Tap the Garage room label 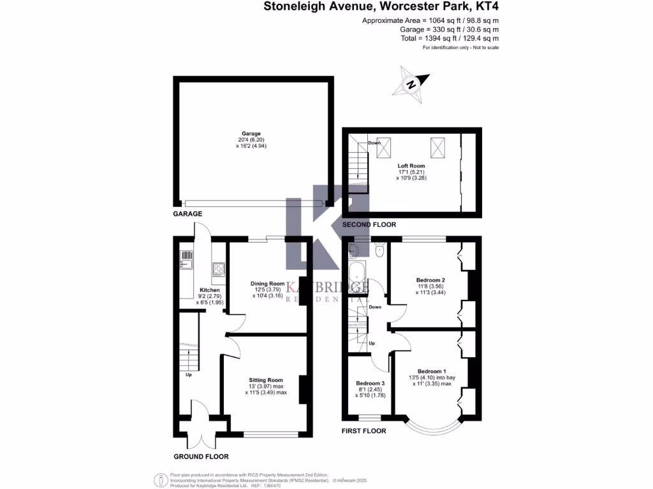pos(251,134)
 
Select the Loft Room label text pos(411,166)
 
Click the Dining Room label pos(267,283)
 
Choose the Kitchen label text pos(210,290)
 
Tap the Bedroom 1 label pos(432,371)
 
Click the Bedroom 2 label pos(430,280)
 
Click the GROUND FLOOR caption pos(201,457)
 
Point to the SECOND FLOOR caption pos(369,225)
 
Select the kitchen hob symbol pos(218,269)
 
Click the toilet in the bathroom pos(379,251)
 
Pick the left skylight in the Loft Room pos(383,148)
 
